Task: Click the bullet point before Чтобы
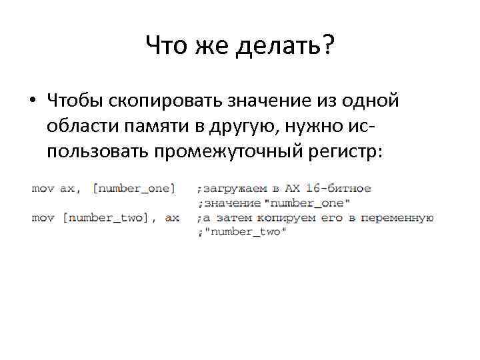tap(31, 101)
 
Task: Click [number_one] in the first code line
tap(133, 189)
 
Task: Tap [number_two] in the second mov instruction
tap(109, 217)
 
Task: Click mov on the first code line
tap(43, 189)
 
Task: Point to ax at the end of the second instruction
tap(172, 217)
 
